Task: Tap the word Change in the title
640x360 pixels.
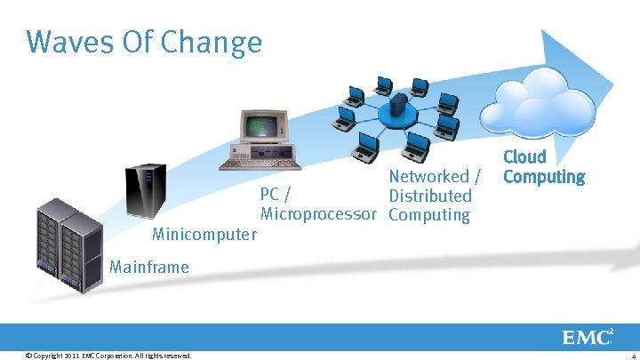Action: (219, 42)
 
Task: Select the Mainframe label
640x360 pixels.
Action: (148, 266)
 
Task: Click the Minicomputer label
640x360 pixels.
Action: (204, 235)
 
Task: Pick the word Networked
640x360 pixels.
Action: (428, 176)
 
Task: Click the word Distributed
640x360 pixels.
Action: (430, 196)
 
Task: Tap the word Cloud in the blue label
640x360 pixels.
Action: (524, 156)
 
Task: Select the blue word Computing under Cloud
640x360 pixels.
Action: (543, 177)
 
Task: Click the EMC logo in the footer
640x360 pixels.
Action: (586, 338)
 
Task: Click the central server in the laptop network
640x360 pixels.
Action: (399, 107)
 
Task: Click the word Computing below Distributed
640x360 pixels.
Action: (428, 214)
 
